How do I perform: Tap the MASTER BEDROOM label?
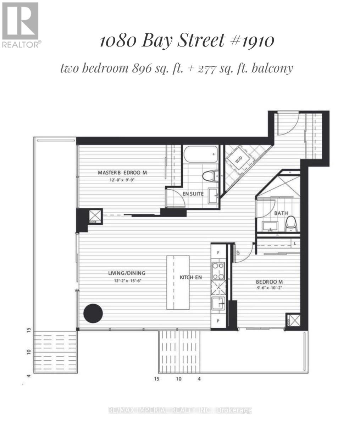(122, 173)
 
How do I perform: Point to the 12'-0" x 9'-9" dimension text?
(122, 180)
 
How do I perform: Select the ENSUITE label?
(193, 194)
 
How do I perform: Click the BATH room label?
(281, 213)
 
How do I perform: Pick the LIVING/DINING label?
(127, 273)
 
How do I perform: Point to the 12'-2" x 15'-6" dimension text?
(127, 280)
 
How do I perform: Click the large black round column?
(93, 313)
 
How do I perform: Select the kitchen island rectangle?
(178, 282)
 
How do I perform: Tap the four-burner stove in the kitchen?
(218, 271)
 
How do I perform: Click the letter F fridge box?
(218, 253)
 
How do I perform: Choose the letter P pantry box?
(218, 321)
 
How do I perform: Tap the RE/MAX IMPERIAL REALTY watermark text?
(180, 410)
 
